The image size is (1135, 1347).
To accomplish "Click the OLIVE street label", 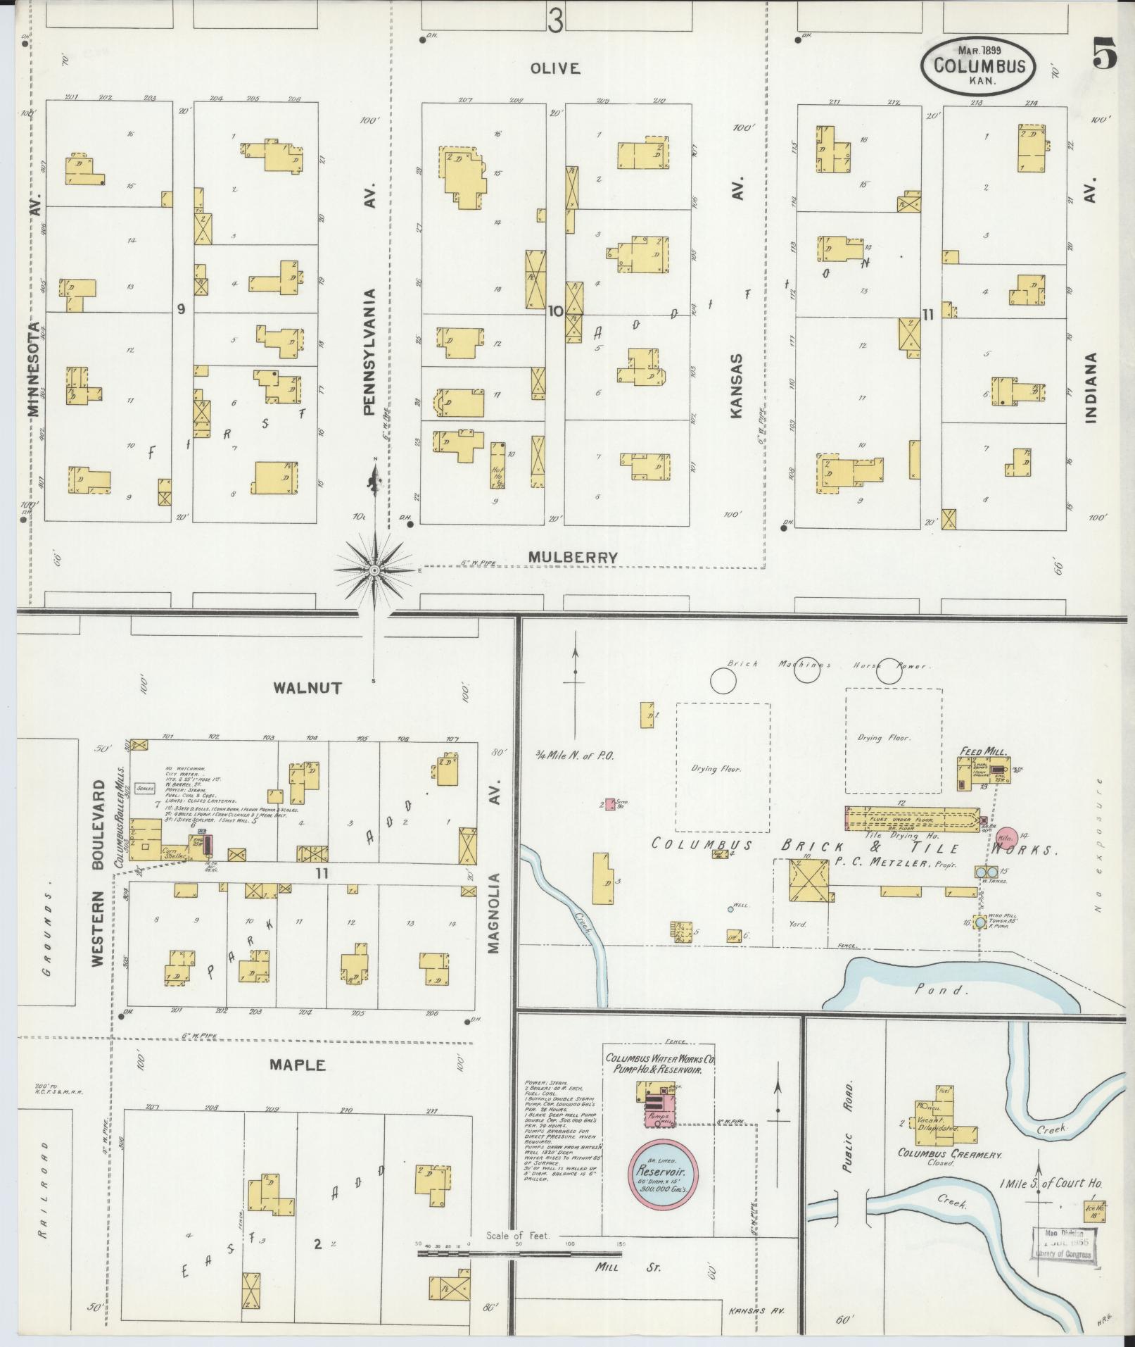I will coord(555,68).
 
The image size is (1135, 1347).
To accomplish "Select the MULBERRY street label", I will coord(573,557).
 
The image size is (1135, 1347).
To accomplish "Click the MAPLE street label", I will coord(298,1084).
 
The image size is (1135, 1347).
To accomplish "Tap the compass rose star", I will coord(376,569).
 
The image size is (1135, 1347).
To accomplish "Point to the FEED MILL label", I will coord(984,751).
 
